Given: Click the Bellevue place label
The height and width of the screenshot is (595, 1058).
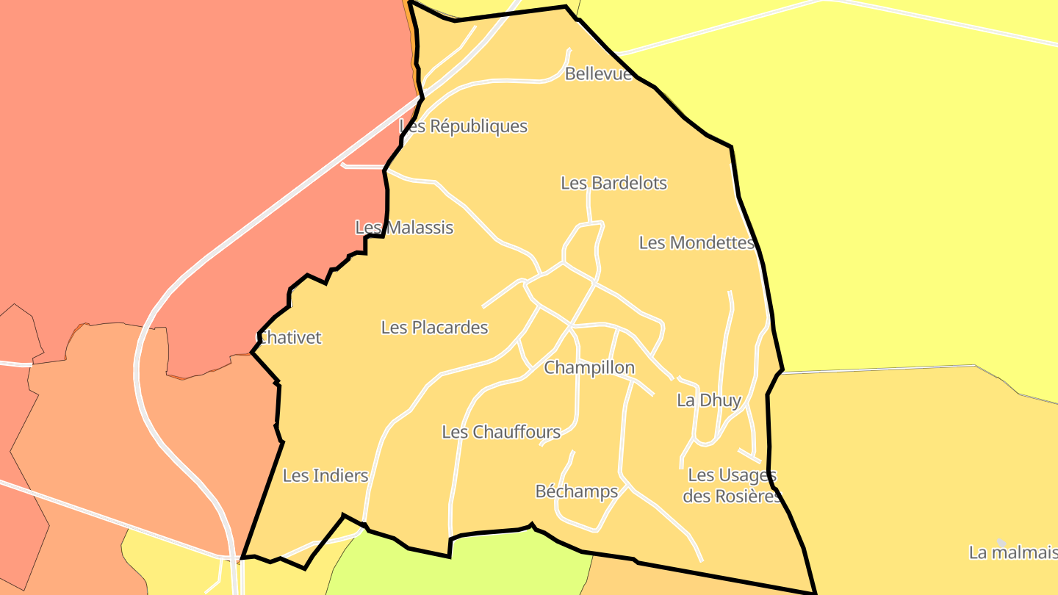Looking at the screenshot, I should pyautogui.click(x=598, y=74).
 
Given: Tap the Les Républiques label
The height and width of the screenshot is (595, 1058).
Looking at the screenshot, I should pyautogui.click(x=464, y=126).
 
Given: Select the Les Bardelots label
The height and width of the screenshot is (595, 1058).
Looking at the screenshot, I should pyautogui.click(x=613, y=183).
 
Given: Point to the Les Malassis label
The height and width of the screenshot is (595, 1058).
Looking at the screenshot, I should pyautogui.click(x=404, y=228).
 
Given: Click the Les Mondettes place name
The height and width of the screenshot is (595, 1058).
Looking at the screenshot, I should pyautogui.click(x=697, y=243).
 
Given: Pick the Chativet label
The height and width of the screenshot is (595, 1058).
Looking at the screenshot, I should pyautogui.click(x=289, y=338).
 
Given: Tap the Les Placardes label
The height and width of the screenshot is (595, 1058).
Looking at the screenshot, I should pyautogui.click(x=434, y=328).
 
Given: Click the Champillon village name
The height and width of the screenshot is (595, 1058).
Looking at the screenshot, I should pyautogui.click(x=589, y=367).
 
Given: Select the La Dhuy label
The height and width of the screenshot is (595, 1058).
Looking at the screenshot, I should pyautogui.click(x=709, y=400).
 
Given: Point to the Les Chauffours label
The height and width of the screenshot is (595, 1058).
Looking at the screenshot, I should pyautogui.click(x=501, y=432).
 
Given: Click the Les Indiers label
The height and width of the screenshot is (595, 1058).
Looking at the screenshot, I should pyautogui.click(x=325, y=476).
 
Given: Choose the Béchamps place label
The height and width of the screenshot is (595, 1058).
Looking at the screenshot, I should pyautogui.click(x=577, y=491).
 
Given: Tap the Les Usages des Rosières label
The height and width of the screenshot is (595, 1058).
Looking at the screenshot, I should pyautogui.click(x=732, y=486).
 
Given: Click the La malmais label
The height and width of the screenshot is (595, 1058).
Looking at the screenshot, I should pyautogui.click(x=1012, y=552).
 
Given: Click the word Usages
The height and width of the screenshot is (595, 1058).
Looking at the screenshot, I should pyautogui.click(x=746, y=475).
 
